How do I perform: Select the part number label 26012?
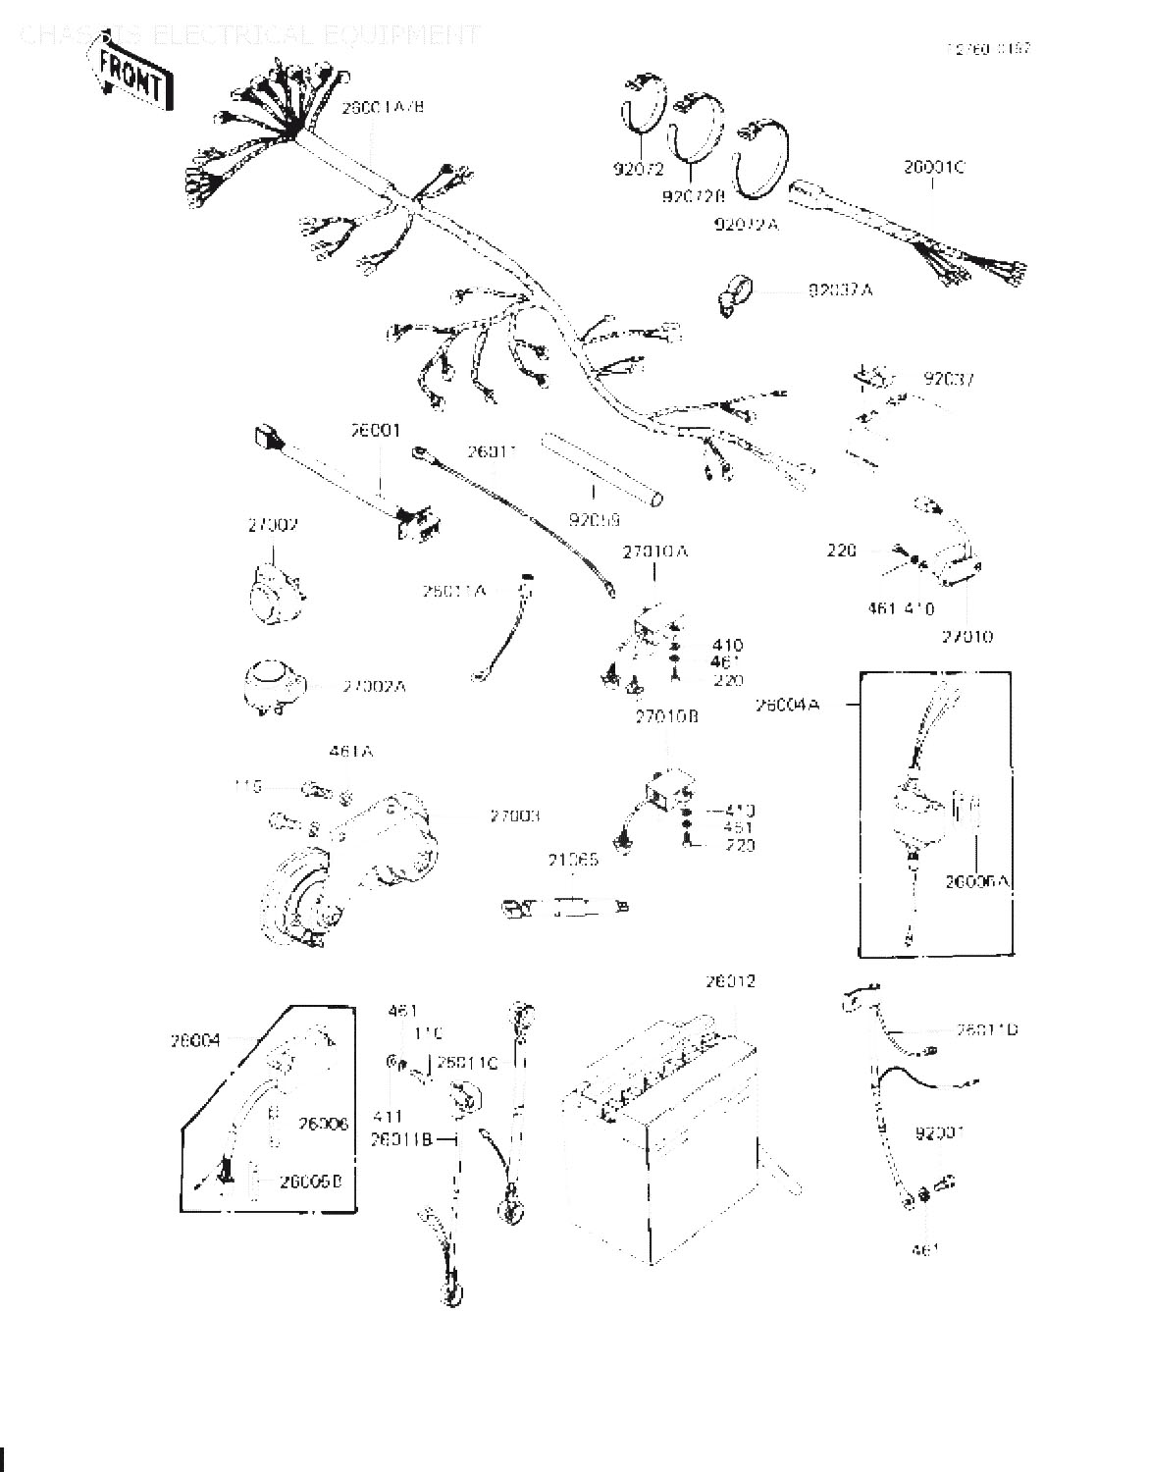point(730,982)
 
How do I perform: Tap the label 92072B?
point(693,197)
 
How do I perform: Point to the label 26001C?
point(933,168)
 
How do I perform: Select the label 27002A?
point(374,686)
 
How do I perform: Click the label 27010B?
point(666,717)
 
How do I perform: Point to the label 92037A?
point(840,290)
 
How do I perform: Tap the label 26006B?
point(310,1182)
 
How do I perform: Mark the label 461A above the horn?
point(350,753)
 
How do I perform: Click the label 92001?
point(939,1133)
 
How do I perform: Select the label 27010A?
point(655,552)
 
